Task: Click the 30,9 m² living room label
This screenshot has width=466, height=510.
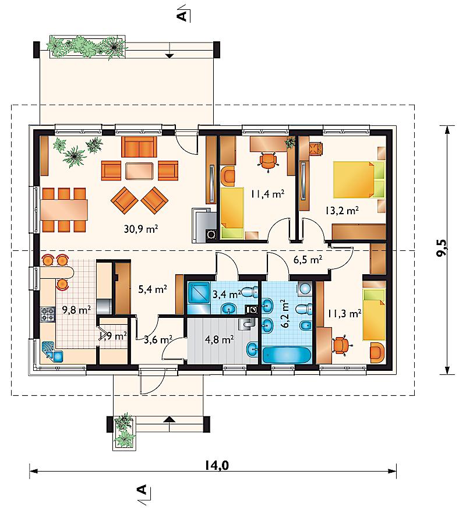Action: coord(141,229)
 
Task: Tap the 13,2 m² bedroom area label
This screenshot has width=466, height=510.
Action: coord(342,210)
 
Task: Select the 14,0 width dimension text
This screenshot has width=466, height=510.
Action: coord(217,465)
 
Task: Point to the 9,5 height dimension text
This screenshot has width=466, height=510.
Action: coord(442,248)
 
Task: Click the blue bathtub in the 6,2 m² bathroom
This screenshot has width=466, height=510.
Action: coord(287,355)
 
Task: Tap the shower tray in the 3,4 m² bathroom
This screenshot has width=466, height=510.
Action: coord(199,293)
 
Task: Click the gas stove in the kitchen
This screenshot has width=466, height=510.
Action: coord(48,314)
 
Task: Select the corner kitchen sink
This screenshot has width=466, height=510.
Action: coord(52,352)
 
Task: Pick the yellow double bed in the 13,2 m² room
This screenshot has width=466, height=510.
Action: coord(359,179)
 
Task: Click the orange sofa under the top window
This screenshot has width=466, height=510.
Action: coord(139,147)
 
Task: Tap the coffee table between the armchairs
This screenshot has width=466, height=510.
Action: coord(139,171)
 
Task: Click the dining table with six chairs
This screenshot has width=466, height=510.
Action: coord(63,210)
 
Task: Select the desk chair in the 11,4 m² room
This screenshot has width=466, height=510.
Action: coord(268,160)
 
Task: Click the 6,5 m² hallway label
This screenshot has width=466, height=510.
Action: coord(308,260)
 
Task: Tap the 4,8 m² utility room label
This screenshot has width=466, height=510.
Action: coord(219,340)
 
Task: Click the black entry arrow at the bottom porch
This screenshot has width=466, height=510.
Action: coord(169,419)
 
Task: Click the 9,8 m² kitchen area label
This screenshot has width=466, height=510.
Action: coord(76,310)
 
